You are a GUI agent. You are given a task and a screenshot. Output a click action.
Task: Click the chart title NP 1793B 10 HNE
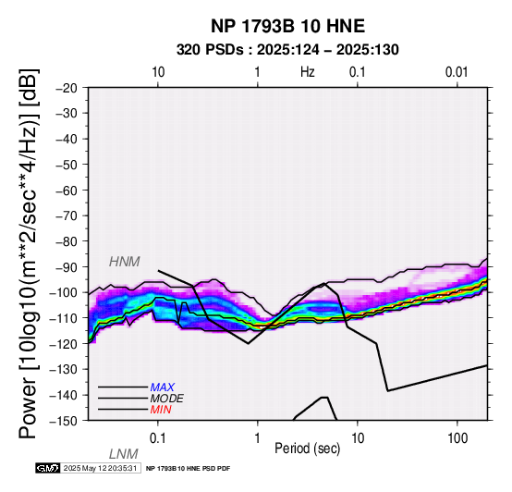287,26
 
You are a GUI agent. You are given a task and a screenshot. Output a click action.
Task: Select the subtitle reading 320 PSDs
210,50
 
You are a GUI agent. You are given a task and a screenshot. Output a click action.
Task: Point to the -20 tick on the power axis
67,88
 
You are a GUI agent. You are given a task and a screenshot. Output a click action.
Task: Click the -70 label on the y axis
67,215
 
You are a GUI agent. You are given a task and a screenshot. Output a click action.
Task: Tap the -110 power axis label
64,318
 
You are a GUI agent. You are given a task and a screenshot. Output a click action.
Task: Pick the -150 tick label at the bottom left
64,421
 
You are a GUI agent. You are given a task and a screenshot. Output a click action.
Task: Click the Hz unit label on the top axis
307,71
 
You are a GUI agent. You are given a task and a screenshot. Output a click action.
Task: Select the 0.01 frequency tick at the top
457,72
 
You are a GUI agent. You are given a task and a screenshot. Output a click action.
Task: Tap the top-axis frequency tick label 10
158,72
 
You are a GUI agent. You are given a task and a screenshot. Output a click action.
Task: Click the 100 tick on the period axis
457,438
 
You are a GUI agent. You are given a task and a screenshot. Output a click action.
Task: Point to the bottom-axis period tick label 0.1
158,438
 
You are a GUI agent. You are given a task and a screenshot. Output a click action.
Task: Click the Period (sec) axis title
307,449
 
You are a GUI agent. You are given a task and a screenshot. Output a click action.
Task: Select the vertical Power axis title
29,253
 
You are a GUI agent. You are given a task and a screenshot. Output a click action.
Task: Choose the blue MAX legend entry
163,387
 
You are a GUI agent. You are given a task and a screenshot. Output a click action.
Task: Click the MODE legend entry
167,399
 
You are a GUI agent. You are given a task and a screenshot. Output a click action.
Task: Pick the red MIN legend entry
161,410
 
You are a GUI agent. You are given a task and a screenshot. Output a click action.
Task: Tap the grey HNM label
125,262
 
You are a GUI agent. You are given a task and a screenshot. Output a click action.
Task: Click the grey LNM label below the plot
124,454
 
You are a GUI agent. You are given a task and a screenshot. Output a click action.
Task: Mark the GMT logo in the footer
47,468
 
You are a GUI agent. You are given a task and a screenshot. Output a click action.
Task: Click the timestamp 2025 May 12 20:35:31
100,468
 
